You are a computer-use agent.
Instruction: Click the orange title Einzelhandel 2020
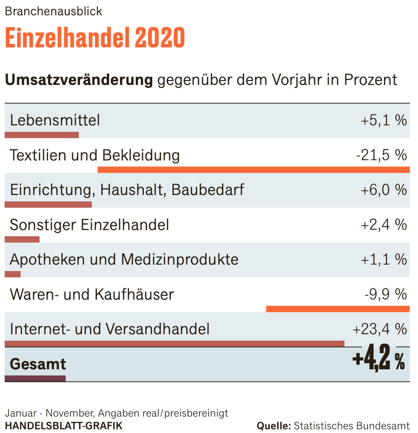coord(94,38)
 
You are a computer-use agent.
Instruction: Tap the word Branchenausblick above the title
coord(53,11)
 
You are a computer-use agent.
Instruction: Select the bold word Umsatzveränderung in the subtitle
coord(79,79)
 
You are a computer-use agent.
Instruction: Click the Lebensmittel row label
coord(55,120)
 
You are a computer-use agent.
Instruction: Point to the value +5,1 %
coord(383,120)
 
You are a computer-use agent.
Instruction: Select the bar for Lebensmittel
coord(42,135)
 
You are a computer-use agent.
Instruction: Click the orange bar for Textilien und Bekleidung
coord(253,170)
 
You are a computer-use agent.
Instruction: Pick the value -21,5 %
coord(381,155)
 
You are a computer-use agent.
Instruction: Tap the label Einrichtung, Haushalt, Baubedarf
coord(127,190)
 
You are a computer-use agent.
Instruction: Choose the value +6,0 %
coord(383,190)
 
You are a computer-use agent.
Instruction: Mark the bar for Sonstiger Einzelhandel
coord(22,239)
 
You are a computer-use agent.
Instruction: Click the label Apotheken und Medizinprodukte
coord(124,259)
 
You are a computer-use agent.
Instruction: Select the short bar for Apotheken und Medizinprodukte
coord(13,274)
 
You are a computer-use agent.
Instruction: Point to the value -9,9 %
coord(385,294)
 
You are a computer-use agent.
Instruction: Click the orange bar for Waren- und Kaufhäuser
coord(337,309)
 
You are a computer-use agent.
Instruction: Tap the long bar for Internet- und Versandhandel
coord(174,344)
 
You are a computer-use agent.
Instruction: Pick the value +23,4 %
coord(379,329)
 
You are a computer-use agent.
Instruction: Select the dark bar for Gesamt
coord(35,379)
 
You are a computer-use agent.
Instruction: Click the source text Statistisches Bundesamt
coord(351,426)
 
